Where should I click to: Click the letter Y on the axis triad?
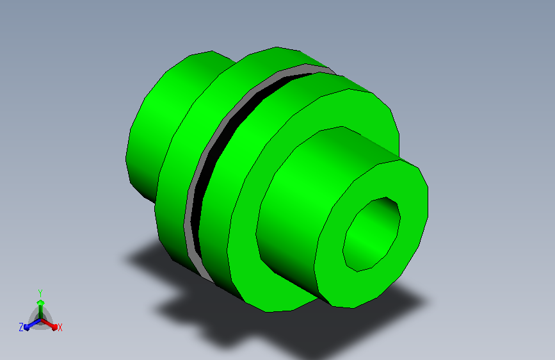tap(40, 291)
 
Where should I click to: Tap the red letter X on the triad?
tap(60, 328)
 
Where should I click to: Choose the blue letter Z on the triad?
tap(21, 327)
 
